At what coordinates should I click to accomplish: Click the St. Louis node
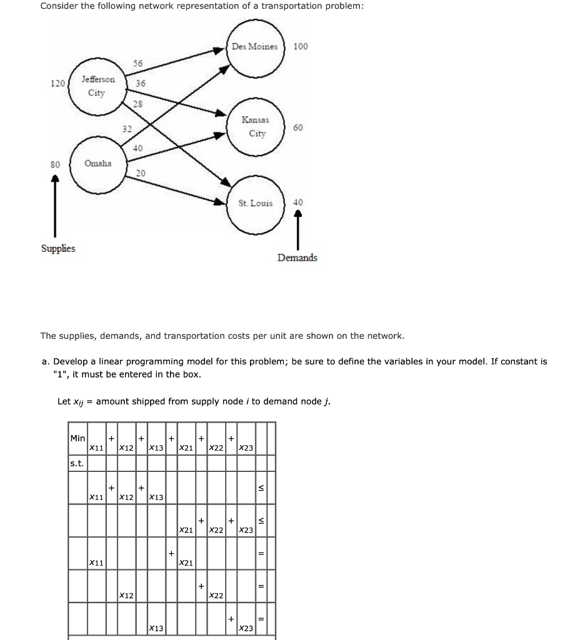(x=256, y=203)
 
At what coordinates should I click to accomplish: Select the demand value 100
(x=301, y=47)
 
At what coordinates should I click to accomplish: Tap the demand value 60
(x=298, y=127)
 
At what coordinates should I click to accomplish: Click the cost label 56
(x=138, y=64)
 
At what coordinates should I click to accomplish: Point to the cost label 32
(x=127, y=129)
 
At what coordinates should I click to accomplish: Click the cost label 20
(x=141, y=172)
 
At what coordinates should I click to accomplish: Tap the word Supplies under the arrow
(x=58, y=248)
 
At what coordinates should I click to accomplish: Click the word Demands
(x=297, y=257)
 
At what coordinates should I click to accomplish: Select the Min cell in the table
(x=77, y=439)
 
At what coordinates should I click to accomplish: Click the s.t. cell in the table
(x=77, y=463)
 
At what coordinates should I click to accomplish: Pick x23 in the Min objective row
(x=246, y=448)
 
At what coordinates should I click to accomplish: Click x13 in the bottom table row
(x=156, y=627)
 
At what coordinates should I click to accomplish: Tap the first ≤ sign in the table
(x=262, y=488)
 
